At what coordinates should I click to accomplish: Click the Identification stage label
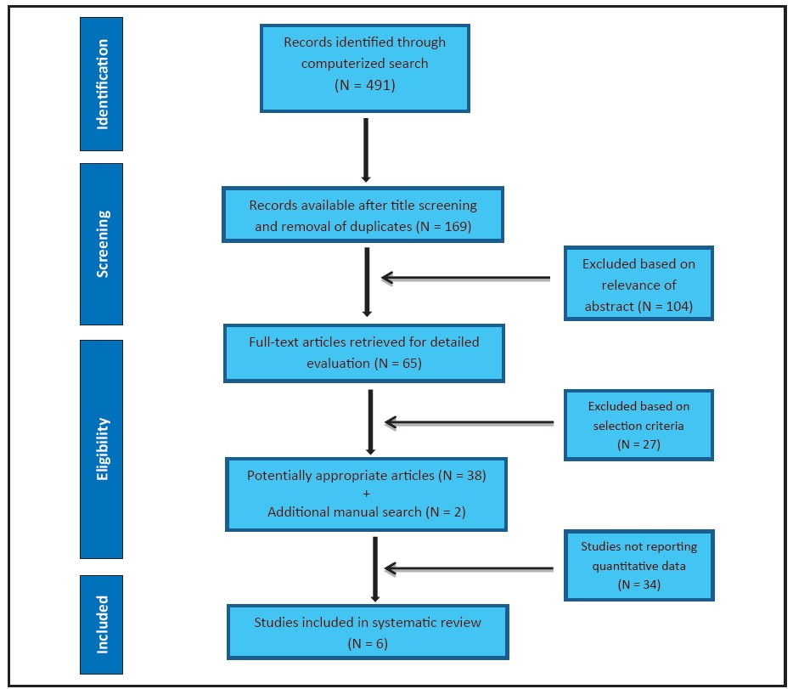tap(102, 84)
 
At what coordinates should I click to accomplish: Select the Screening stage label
tap(102, 244)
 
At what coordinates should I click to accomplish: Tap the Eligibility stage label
tap(102, 449)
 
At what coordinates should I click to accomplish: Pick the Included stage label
tap(102, 624)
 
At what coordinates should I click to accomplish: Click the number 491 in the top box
tap(380, 85)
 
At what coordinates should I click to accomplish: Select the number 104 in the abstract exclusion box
tap(675, 306)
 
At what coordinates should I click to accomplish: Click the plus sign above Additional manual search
tap(366, 494)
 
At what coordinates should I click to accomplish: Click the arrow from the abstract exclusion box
tap(466, 278)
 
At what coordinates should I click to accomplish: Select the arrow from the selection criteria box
tap(470, 422)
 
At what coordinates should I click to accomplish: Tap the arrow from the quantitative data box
tap(469, 568)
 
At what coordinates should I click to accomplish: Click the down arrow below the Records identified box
tap(366, 150)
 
